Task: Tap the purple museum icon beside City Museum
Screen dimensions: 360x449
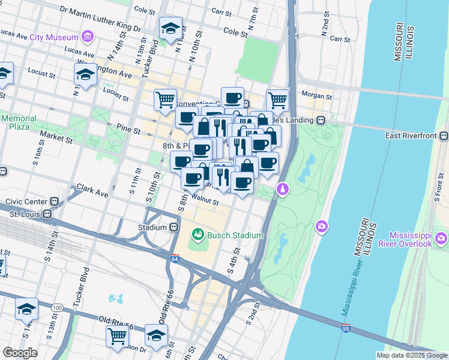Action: coord(88,37)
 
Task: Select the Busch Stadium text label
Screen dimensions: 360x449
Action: coord(236,235)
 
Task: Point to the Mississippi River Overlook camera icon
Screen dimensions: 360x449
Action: coord(442,239)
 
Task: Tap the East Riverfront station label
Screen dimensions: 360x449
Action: coord(409,136)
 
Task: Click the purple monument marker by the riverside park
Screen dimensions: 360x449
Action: coord(282,190)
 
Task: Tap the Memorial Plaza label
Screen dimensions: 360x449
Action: coord(19,123)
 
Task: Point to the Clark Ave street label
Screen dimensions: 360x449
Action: coord(92,194)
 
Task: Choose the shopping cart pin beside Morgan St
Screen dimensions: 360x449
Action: coord(277,100)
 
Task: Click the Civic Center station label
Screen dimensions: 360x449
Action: coord(26,202)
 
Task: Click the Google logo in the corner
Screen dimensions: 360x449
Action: coord(20,353)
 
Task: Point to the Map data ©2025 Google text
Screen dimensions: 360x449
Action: coord(411,355)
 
